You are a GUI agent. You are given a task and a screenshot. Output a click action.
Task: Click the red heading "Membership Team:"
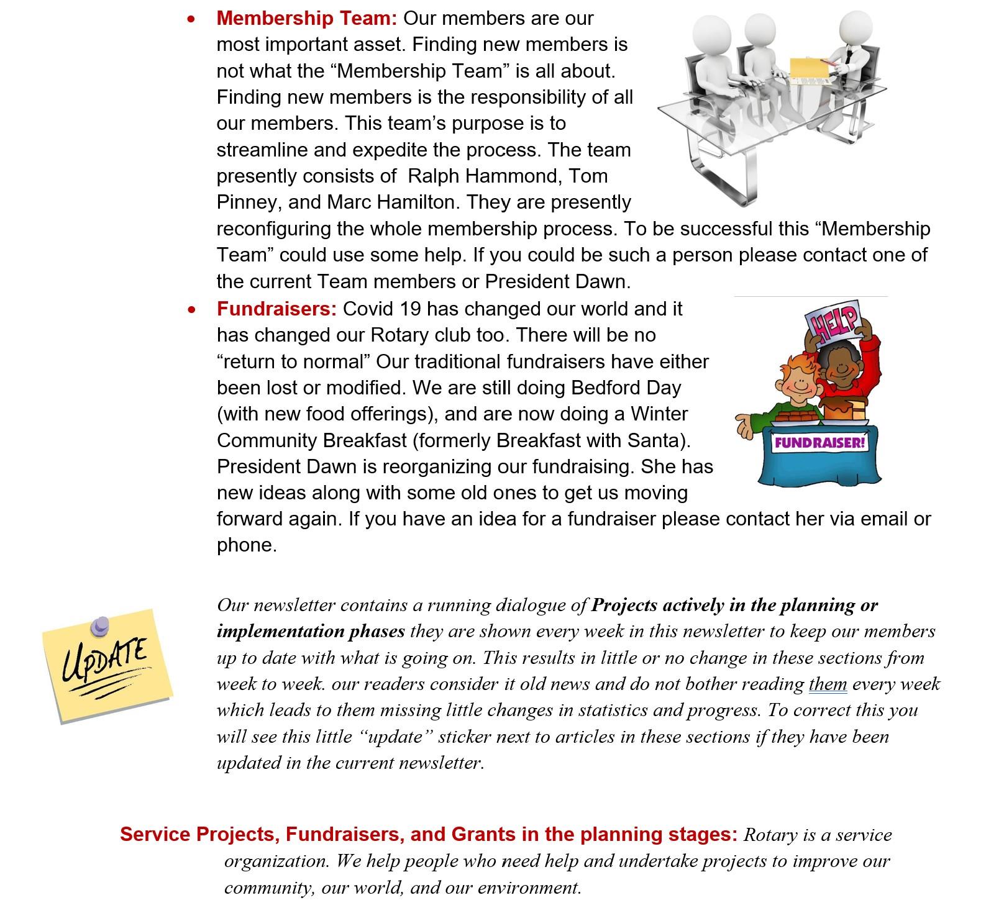point(306,19)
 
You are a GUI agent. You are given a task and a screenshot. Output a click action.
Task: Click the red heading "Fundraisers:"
point(276,309)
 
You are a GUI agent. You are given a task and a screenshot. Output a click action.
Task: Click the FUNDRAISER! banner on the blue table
point(819,443)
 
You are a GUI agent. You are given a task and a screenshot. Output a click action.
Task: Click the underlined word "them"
point(828,684)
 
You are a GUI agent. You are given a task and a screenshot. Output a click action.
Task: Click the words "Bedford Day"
point(626,388)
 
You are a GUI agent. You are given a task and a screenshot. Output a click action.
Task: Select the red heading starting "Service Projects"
point(429,834)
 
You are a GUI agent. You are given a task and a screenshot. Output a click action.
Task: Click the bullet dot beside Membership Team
point(191,20)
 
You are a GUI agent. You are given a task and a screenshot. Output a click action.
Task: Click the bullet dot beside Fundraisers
point(191,309)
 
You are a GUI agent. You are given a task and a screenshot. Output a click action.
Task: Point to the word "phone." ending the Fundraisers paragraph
point(247,545)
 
